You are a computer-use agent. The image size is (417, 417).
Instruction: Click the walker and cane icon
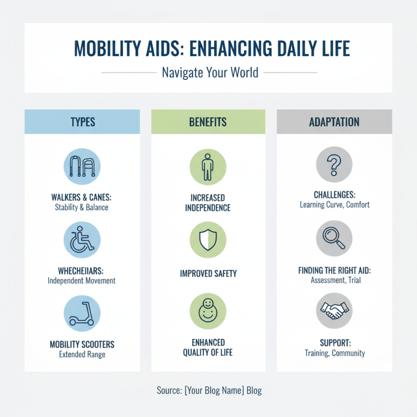(82, 165)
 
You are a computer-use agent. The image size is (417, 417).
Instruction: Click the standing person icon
(208, 165)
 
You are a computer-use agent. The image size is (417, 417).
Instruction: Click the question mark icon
(334, 165)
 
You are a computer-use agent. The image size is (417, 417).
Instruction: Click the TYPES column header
(82, 122)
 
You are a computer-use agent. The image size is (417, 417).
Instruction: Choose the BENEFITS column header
(208, 122)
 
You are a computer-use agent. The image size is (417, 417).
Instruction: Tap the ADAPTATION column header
(334, 122)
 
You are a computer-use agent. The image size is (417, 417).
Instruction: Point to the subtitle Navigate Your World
(210, 72)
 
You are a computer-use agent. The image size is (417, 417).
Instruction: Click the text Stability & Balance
(82, 207)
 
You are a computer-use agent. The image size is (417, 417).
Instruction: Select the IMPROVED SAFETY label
(208, 273)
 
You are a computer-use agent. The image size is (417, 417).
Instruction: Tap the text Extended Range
(82, 354)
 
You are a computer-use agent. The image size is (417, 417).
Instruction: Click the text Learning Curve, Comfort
(334, 205)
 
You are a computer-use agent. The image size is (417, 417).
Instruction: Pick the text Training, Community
(334, 353)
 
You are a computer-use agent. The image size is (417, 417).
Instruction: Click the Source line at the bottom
(208, 390)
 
